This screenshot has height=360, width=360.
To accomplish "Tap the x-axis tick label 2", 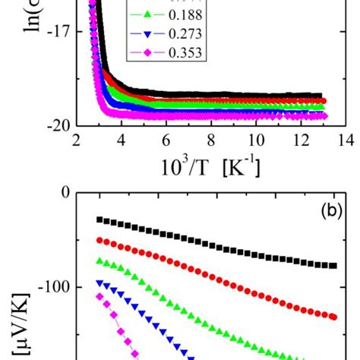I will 74,141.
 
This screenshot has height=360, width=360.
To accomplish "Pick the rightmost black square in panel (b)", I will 333,266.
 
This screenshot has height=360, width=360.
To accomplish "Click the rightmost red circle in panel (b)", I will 333,317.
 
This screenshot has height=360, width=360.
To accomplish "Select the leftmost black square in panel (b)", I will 99,219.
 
